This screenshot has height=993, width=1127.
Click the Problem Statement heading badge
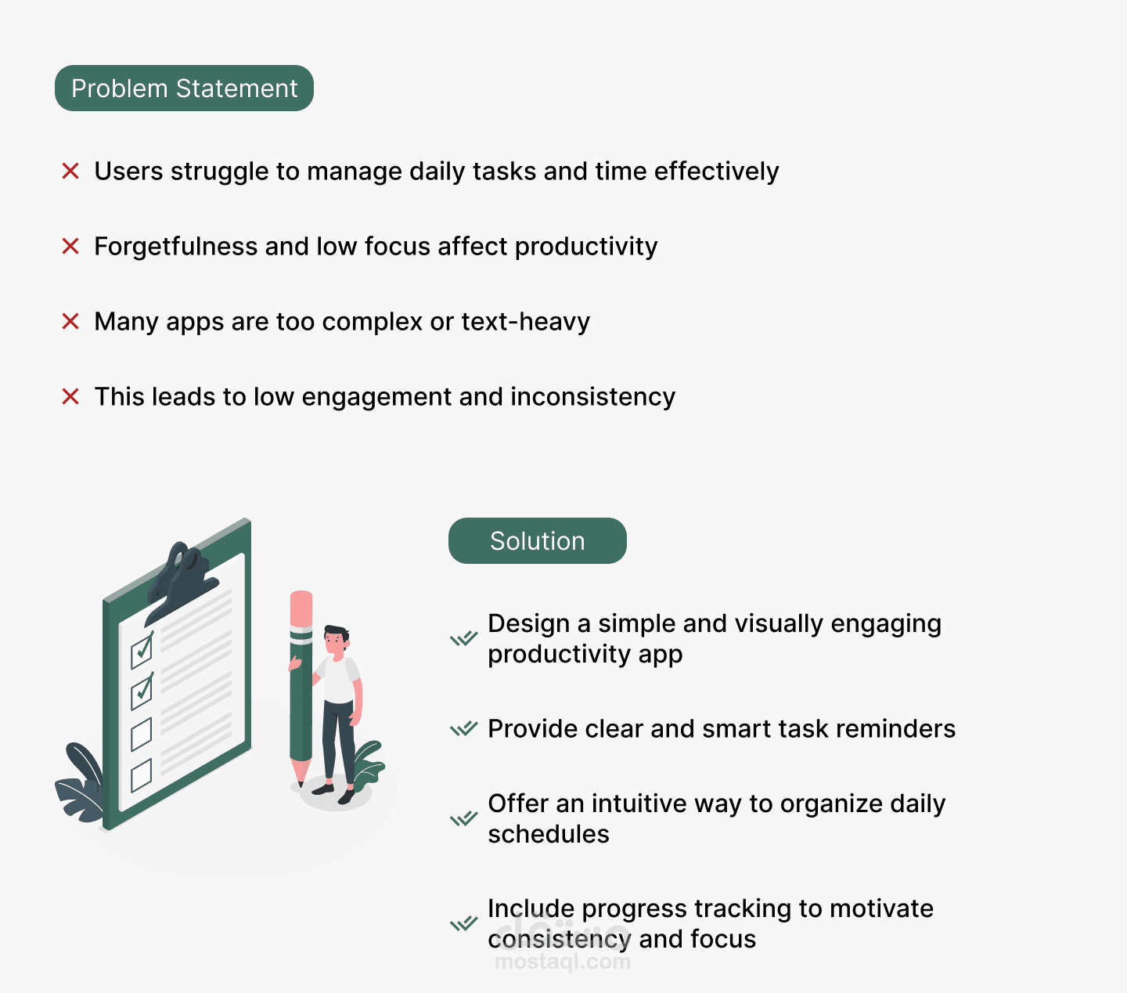[x=184, y=88]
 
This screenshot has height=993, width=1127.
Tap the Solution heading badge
[x=538, y=540]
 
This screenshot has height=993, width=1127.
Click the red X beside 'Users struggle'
[x=70, y=171]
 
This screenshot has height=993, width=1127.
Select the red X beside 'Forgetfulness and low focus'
[x=70, y=246]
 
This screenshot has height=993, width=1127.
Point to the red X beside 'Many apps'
[x=70, y=321]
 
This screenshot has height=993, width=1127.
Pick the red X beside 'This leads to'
[x=70, y=397]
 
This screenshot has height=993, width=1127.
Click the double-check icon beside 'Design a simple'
[x=464, y=638]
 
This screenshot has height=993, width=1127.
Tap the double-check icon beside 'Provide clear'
[x=464, y=728]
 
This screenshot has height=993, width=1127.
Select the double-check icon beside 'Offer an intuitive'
[x=464, y=819]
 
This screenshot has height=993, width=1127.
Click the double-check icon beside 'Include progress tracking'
[x=464, y=923]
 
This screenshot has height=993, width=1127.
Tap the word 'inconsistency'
[x=593, y=397]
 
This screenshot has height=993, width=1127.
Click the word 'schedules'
[x=549, y=834]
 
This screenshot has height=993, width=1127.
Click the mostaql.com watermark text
[x=563, y=961]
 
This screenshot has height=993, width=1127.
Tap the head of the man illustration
[x=337, y=639]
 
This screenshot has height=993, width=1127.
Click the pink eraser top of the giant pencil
[x=301, y=608]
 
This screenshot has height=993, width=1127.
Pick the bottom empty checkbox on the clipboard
[x=142, y=775]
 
